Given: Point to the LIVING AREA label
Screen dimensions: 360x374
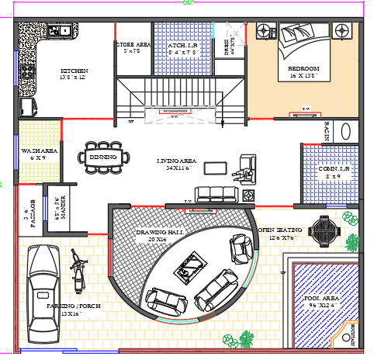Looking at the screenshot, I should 178,162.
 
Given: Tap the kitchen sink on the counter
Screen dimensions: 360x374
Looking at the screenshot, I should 60,32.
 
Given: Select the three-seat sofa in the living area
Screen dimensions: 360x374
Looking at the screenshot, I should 218,195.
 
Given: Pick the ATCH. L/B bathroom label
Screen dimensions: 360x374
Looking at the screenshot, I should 183,48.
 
